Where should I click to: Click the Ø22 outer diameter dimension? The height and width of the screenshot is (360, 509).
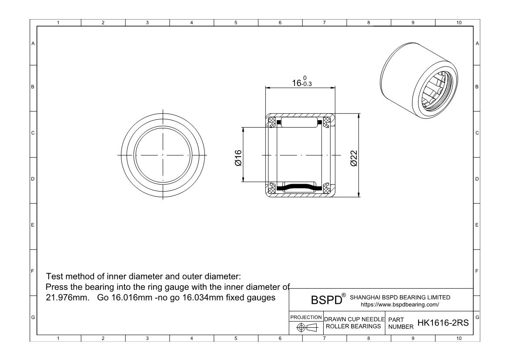(x=354, y=158)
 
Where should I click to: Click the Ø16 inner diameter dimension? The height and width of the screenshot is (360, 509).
(x=238, y=158)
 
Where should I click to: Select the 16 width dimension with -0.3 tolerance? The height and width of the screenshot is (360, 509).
(x=302, y=82)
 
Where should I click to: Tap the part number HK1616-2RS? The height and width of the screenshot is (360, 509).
(x=443, y=323)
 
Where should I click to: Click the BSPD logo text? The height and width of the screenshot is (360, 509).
(x=327, y=299)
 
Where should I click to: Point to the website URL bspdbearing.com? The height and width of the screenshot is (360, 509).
(x=400, y=305)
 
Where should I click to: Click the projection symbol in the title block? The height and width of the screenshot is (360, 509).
(x=307, y=327)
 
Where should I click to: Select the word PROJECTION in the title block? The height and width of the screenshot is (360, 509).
(x=306, y=317)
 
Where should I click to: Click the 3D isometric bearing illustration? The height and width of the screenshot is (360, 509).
(x=419, y=80)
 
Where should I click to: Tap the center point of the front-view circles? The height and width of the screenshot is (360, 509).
(x=163, y=155)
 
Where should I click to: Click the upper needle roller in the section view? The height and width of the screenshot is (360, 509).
(x=298, y=122)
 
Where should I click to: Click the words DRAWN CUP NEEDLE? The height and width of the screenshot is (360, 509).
(x=355, y=320)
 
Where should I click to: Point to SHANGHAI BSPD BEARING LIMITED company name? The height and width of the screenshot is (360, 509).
(x=400, y=297)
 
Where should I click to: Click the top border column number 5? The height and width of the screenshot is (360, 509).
(x=236, y=23)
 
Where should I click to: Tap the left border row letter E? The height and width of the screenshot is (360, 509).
(x=33, y=225)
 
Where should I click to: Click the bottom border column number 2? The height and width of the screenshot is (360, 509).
(x=103, y=339)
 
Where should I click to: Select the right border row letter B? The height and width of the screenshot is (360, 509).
(x=477, y=87)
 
